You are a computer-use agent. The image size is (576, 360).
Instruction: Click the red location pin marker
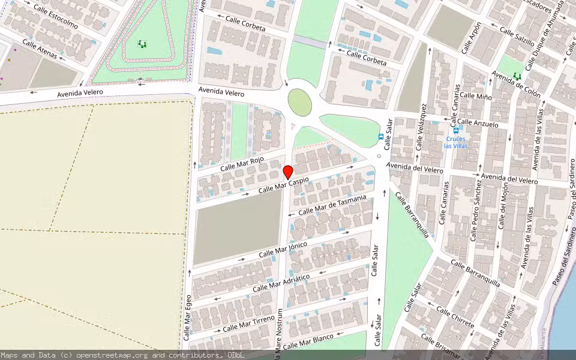pos(288,172)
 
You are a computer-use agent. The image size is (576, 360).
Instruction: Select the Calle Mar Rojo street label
pos(242,163)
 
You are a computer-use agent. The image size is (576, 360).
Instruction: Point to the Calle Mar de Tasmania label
pos(332,205)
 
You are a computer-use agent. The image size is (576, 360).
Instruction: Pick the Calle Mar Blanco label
pos(308,341)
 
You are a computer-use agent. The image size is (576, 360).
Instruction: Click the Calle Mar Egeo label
pos(188,317)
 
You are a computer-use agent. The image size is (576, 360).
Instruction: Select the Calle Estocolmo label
pos(55,16)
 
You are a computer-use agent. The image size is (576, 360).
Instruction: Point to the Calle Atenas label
pos(40,49)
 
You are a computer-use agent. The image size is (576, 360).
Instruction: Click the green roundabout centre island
pos(300,102)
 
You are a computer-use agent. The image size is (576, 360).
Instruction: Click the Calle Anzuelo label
pos(478,123)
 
